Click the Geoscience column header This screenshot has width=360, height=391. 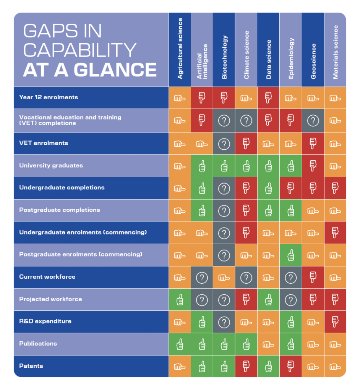click(x=313, y=61)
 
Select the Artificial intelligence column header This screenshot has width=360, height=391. click(x=202, y=61)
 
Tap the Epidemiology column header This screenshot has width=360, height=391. click(x=291, y=58)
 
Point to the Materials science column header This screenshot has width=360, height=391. click(x=335, y=52)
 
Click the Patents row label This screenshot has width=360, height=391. click(x=31, y=366)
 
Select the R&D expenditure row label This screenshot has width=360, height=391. click(x=45, y=321)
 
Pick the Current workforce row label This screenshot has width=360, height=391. click(x=47, y=277)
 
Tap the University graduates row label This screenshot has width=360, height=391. click(x=51, y=166)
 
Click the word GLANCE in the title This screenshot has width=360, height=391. click(x=115, y=70)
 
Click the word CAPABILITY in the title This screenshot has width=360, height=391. click(x=79, y=50)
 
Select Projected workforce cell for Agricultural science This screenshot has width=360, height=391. click(x=180, y=300)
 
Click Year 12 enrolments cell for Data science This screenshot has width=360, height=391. click(x=268, y=98)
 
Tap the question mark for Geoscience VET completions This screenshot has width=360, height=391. click(x=313, y=121)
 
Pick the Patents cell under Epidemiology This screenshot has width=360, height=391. click(x=290, y=366)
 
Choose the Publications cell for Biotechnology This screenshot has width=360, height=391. click(x=224, y=344)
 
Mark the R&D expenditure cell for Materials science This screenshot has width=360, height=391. click(x=335, y=322)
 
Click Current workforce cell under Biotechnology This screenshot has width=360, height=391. click(x=224, y=278)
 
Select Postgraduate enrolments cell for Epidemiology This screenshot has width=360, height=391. click(x=290, y=255)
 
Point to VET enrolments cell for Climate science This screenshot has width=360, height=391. click(x=246, y=144)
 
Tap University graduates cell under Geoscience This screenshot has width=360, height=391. click(x=313, y=166)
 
